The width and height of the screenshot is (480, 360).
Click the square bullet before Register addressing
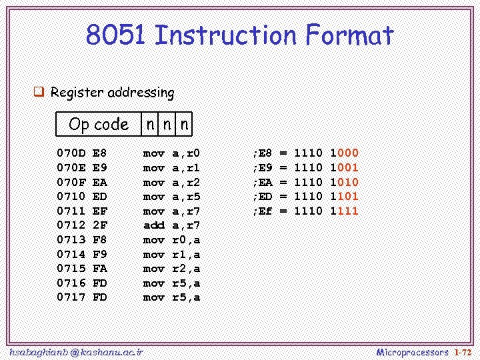point(39,92)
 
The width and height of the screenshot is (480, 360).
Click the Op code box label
point(98,124)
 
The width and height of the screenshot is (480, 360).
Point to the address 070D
point(71,153)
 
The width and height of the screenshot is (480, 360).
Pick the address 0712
point(71,225)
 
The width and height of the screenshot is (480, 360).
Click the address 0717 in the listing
point(71,297)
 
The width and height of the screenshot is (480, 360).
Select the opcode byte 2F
point(99,225)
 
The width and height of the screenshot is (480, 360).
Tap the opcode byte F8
point(99,240)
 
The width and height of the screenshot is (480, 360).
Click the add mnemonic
point(154,225)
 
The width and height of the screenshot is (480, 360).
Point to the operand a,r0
point(186,153)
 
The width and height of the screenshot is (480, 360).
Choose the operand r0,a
point(186,240)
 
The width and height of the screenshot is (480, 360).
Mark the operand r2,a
point(186,269)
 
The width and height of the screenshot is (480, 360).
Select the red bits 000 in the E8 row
point(348,153)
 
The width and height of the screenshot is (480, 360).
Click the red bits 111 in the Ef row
point(348,211)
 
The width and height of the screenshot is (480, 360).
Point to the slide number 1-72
point(463,351)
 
